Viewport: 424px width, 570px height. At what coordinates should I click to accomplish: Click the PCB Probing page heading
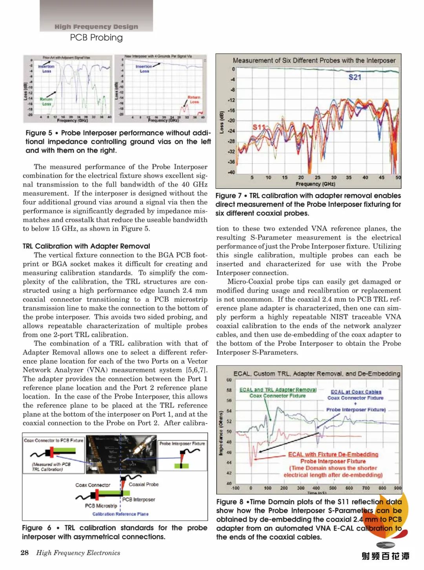point(96,38)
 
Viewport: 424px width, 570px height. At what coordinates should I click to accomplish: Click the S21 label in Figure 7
point(355,77)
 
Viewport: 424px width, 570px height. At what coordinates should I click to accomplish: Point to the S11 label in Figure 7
point(259,127)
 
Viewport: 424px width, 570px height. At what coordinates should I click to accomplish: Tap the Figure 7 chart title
point(314,60)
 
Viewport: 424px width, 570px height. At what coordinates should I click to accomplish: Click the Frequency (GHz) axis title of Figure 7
point(315,184)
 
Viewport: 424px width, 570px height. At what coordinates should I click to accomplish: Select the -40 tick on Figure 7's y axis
point(231,172)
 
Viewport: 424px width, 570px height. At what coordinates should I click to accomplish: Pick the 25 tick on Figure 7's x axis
point(317,178)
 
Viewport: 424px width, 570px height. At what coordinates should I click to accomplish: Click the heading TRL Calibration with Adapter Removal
point(86,246)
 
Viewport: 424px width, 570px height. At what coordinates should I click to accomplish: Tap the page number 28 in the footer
point(24,553)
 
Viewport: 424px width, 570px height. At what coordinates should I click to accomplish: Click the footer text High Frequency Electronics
point(78,553)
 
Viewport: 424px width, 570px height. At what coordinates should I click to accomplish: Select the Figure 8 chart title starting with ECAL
point(316,374)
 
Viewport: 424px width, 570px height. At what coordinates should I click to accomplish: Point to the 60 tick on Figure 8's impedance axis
point(229,380)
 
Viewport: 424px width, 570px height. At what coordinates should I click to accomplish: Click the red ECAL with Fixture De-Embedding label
point(333,455)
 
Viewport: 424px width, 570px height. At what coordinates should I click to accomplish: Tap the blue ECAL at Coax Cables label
point(356,392)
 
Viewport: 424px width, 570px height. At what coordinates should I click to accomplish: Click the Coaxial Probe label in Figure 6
point(144,484)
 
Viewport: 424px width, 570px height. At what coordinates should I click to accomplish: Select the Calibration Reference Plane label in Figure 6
point(120,514)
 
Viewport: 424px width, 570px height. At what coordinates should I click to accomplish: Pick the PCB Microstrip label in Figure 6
point(101,506)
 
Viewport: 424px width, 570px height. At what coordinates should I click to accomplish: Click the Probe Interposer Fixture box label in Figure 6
point(182,444)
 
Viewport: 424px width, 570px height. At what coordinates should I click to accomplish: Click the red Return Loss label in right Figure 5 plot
point(194,99)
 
